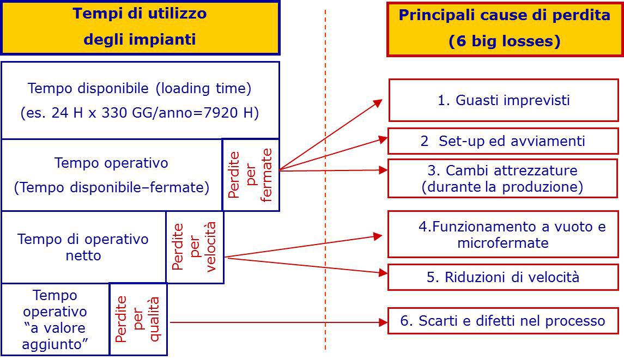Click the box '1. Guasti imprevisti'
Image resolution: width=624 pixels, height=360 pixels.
pos(504,100)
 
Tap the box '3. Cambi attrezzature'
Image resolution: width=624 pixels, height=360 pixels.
pos(502,179)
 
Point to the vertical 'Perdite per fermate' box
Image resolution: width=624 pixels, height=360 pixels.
pos(251,175)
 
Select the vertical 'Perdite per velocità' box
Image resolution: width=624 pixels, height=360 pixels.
pos(195,247)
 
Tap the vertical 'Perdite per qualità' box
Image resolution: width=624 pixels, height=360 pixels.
pos(138,319)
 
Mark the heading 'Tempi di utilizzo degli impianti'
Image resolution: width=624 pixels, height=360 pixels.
pos(140,27)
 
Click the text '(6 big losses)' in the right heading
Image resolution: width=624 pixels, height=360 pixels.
pos(504,42)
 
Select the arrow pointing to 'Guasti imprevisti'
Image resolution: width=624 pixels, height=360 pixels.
pos(332,133)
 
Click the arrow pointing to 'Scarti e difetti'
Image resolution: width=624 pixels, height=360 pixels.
pos(278,322)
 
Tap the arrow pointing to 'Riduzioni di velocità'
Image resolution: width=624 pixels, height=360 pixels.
pos(305,265)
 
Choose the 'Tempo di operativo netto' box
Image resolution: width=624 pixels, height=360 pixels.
pos(83,247)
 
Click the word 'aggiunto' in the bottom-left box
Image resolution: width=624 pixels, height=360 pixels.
pos(55,344)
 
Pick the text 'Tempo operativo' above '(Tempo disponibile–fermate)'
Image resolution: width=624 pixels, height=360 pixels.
pos(111,163)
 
